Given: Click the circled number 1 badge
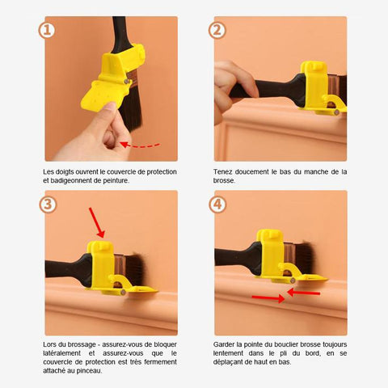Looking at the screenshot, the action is pos(47,30).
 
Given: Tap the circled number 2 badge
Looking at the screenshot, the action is pos(217,30).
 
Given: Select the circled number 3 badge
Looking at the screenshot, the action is pos(48,205).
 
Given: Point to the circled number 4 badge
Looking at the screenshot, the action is pos(217,205).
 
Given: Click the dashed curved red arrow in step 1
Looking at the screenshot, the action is pos(140,145).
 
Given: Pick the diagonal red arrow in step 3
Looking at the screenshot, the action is pos(97,222).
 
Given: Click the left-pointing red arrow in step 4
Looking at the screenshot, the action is pos(304,293).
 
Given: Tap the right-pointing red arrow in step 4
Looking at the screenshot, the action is pos(268,298).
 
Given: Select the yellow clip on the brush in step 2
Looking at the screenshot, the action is pos(321,88).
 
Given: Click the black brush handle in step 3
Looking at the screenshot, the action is pos(69,270).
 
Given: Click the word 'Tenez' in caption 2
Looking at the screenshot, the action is pos(223,172).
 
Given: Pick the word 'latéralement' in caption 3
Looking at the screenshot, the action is pos(61,353).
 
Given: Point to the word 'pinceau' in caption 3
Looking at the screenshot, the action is pos(89,371).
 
